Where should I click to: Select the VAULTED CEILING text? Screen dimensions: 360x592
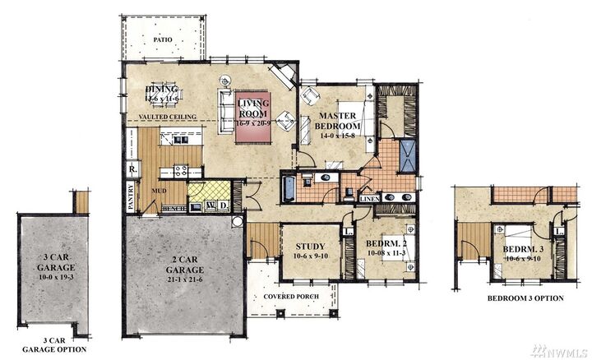[x=167, y=118]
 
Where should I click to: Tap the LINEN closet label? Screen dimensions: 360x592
[x=368, y=198]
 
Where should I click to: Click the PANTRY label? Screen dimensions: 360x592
[x=130, y=197]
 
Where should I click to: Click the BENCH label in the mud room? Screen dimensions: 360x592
[x=173, y=209]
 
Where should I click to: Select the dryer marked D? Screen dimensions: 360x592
[x=222, y=205]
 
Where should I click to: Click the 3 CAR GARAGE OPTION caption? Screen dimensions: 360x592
[x=53, y=345]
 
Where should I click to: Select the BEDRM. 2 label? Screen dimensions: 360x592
[x=385, y=246]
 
